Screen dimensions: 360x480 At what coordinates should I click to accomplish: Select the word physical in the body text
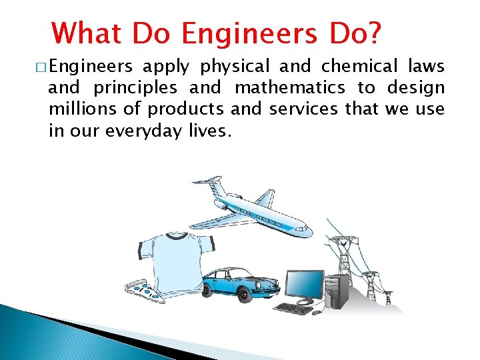235,67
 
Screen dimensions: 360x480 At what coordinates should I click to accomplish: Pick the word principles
135,88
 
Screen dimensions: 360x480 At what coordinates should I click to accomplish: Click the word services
303,109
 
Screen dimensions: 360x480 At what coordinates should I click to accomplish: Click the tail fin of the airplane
207,181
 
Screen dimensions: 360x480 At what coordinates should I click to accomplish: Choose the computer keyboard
293,309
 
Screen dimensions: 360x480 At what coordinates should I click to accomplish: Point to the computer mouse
317,311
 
